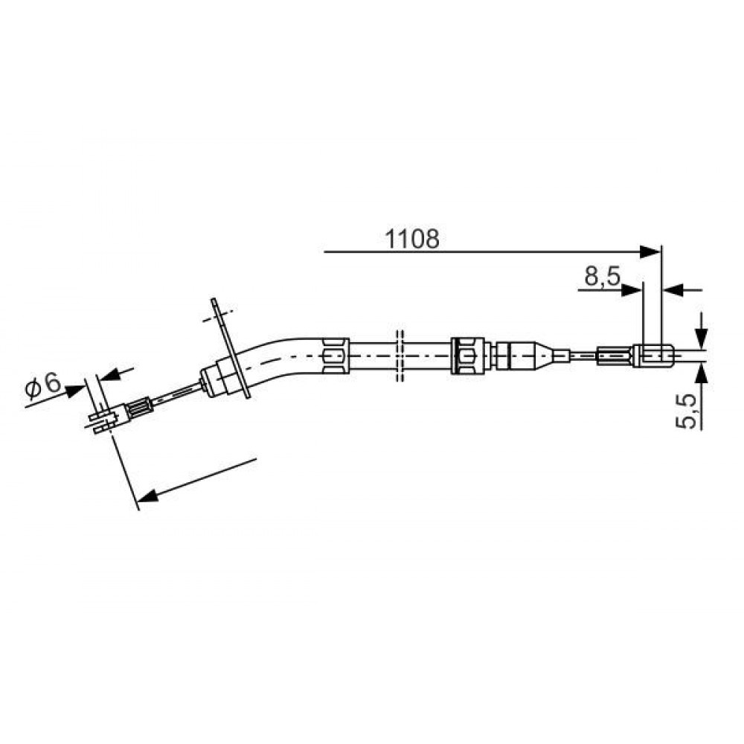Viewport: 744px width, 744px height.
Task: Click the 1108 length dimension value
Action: coord(412,239)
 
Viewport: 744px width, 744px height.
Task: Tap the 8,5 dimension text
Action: coord(602,276)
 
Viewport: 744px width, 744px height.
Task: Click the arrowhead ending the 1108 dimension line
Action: coord(650,251)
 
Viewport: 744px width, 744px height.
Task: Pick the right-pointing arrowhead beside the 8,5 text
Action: coord(631,290)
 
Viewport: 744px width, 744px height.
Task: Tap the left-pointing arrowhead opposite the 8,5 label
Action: coord(673,290)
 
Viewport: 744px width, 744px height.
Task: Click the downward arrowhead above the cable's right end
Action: coord(701,338)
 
